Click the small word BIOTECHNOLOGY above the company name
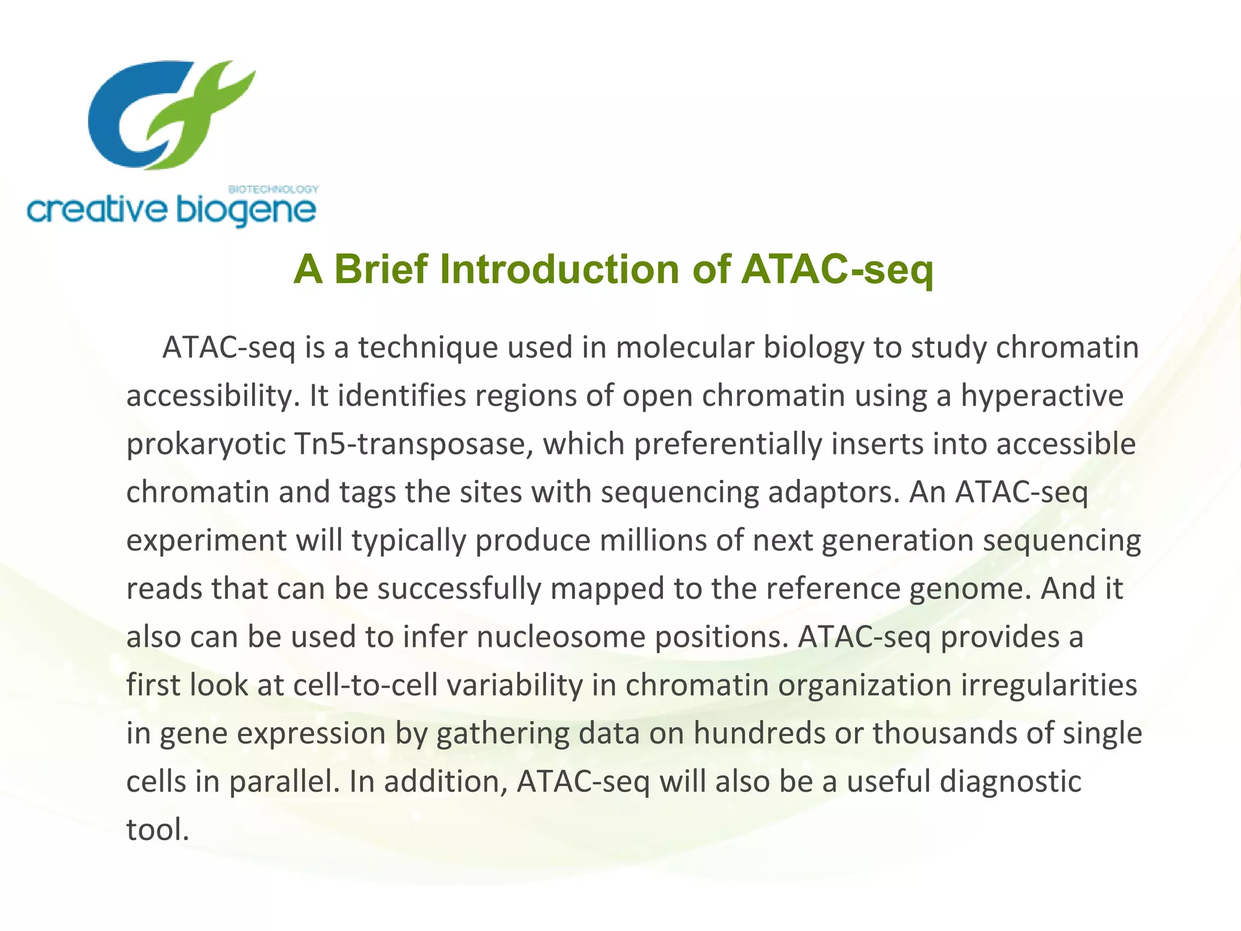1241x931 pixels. (273, 189)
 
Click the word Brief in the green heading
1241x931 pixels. (381, 269)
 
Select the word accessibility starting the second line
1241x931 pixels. (213, 396)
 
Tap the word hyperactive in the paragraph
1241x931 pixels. (1042, 396)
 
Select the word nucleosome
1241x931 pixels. (561, 637)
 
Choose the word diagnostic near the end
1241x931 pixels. (1010, 782)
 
